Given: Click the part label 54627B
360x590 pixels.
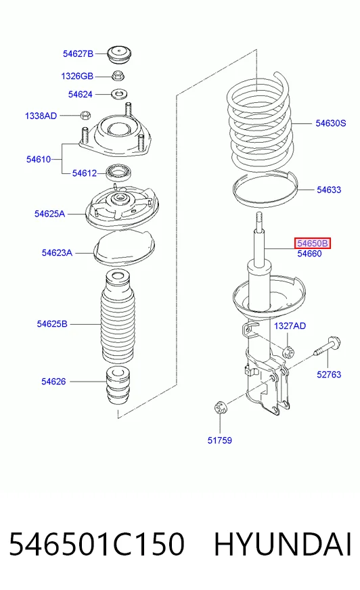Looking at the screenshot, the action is tap(78, 54).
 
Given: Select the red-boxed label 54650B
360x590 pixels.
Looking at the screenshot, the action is tap(312, 244).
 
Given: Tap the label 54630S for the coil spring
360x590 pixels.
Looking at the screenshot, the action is tap(331, 123).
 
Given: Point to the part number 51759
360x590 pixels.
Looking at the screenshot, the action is tap(220, 440).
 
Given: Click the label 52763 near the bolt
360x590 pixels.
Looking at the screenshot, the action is tap(329, 374).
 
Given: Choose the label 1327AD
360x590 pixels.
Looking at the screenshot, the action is tap(290, 326).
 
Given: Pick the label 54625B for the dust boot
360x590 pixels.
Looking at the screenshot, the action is tap(52, 323).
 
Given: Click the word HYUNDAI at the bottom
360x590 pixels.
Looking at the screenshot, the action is tap(283, 544).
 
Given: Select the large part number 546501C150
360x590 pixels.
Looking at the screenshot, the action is tap(97, 544).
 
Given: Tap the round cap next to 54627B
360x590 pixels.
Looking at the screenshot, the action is tap(119, 55).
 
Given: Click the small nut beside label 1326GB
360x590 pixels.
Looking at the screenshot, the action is tap(118, 75).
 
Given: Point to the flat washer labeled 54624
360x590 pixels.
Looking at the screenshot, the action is tap(119, 93).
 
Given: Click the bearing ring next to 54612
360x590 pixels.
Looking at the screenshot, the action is tap(118, 173).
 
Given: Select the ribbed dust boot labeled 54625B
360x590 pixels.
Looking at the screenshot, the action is tap(117, 317).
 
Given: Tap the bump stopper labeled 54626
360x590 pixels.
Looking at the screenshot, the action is tap(118, 385).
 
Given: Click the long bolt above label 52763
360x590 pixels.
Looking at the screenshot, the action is tap(327, 347).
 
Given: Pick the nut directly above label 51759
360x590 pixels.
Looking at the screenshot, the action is tap(220, 408).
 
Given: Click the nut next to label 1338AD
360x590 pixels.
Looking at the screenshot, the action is tap(86, 114).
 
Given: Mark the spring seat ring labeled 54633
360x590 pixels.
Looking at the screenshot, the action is tap(265, 189).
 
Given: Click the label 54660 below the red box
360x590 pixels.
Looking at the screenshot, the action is tap(310, 254).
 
